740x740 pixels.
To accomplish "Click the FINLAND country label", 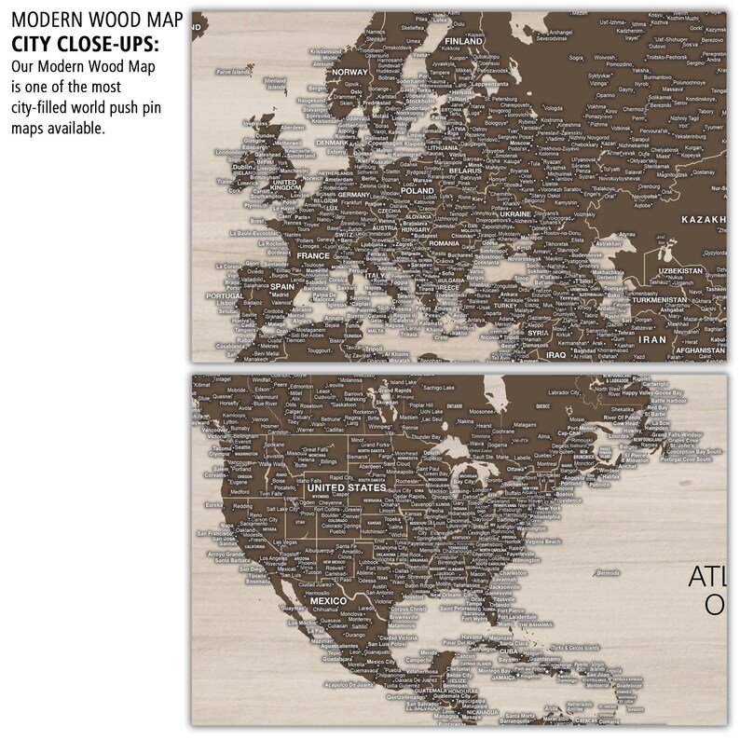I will (462, 42).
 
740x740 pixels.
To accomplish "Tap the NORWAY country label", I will (350, 73).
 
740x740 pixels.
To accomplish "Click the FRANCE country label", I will (314, 255).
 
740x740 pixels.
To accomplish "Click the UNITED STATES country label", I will (346, 487).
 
